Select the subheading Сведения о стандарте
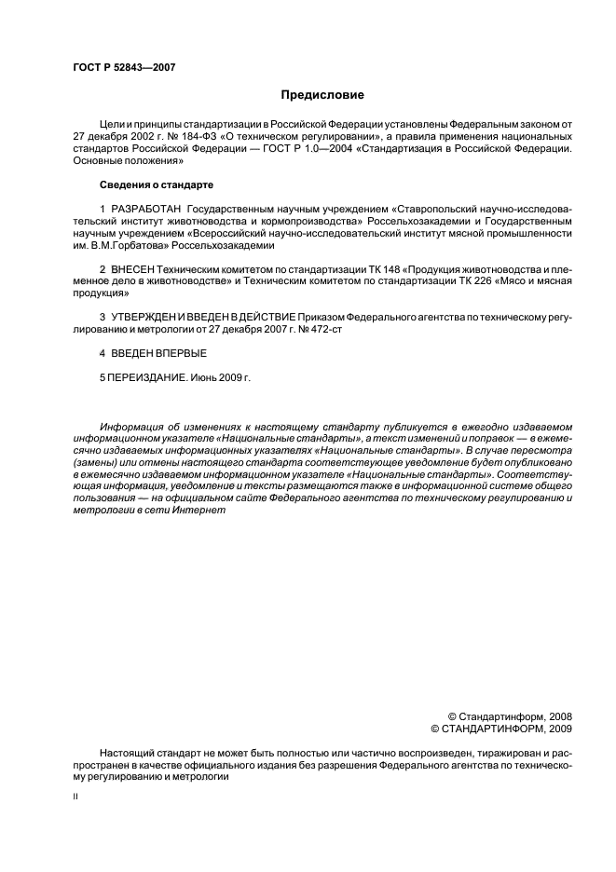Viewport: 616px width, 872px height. (x=158, y=184)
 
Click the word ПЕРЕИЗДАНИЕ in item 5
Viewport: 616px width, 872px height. (x=145, y=379)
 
